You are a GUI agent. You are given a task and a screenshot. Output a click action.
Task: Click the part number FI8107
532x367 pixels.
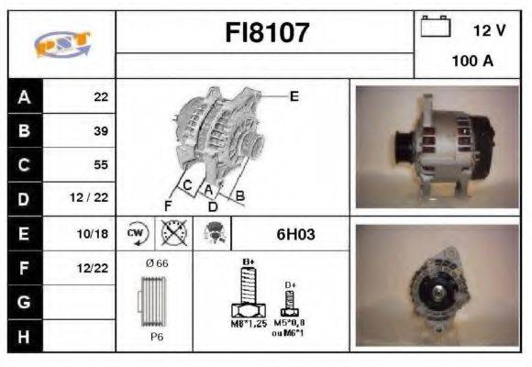click(x=268, y=34)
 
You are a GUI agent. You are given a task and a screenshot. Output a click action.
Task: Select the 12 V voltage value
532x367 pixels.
click(x=489, y=30)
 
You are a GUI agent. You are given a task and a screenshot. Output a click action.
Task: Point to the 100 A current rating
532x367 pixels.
click(x=472, y=61)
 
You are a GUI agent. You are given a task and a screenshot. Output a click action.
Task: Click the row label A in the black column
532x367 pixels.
click(x=24, y=96)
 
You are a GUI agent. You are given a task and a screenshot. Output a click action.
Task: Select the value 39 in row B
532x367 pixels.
click(x=101, y=130)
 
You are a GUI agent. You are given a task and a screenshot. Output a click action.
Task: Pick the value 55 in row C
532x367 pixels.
click(x=101, y=165)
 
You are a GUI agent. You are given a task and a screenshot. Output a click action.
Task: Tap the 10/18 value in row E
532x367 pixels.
click(x=95, y=234)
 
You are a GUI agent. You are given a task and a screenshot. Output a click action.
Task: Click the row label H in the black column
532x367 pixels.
click(x=24, y=337)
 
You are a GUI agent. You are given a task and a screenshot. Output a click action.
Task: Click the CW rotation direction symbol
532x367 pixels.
click(x=137, y=233)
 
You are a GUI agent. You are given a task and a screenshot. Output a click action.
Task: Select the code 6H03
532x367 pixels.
click(x=295, y=234)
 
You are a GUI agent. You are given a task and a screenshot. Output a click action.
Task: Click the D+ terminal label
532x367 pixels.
click(x=291, y=285)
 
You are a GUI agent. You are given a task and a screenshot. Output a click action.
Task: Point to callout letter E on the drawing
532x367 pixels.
click(x=294, y=95)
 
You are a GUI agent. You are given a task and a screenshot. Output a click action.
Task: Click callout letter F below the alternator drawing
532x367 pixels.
click(x=168, y=204)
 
